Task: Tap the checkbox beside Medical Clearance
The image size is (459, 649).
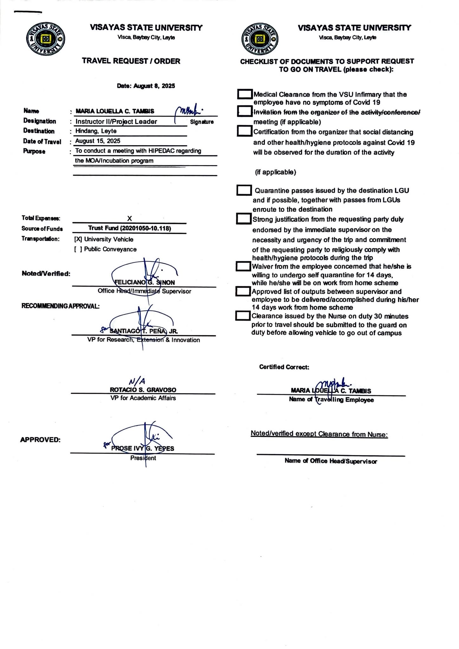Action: tap(245, 94)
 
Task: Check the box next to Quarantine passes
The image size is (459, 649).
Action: tap(244, 190)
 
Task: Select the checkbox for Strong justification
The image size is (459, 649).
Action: tap(244, 219)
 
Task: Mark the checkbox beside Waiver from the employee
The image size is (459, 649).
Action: tap(243, 266)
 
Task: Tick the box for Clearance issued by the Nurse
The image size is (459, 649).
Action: tap(243, 316)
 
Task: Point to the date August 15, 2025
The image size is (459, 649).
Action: tap(98, 141)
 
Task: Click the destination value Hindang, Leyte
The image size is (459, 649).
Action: tap(96, 131)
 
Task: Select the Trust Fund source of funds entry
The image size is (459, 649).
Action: tap(130, 228)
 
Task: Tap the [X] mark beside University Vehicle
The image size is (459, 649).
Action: tap(78, 240)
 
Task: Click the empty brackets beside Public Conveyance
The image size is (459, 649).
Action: tap(78, 249)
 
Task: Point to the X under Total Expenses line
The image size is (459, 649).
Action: tap(129, 219)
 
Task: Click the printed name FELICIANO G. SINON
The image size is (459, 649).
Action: tap(144, 282)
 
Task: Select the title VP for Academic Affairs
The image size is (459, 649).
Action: tap(143, 398)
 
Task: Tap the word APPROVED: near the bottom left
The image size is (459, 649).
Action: tap(40, 440)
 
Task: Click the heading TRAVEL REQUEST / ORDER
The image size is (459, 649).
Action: tap(131, 61)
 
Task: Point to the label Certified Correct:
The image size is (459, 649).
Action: tap(284, 367)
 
